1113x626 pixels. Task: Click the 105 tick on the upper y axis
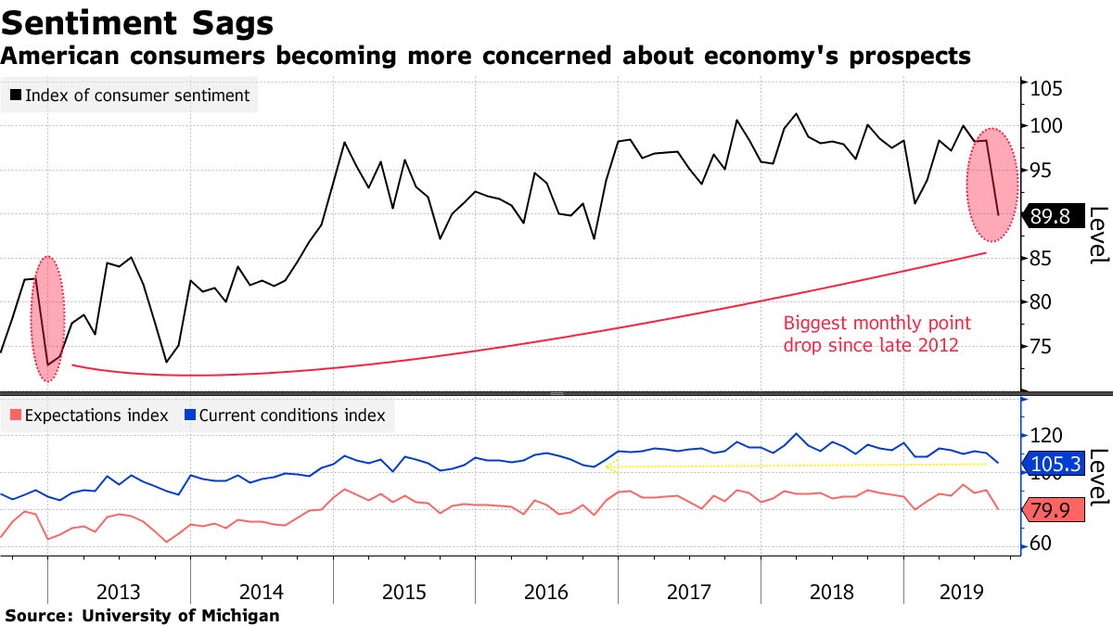tap(1043, 89)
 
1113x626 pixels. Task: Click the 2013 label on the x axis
tap(119, 592)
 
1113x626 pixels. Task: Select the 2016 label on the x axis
tap(546, 592)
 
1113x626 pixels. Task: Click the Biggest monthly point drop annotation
tap(876, 334)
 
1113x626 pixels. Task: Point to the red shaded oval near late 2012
tap(48, 318)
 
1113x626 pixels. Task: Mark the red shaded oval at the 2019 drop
tap(992, 185)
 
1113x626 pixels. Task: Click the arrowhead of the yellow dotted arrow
tap(608, 467)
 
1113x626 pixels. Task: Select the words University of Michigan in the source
tap(181, 615)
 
